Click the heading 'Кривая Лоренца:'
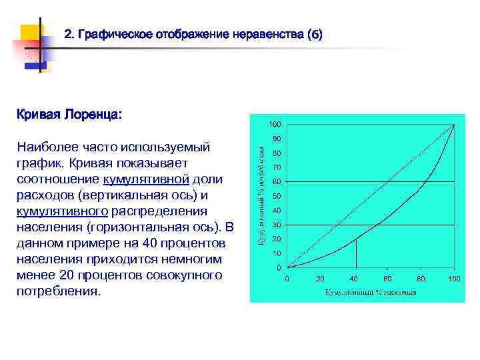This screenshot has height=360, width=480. pyautogui.click(x=69, y=115)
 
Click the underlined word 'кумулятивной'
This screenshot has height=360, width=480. pyautogui.click(x=146, y=179)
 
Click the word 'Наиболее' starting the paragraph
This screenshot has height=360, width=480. pyautogui.click(x=47, y=147)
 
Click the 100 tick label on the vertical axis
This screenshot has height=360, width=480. pyautogui.click(x=275, y=124)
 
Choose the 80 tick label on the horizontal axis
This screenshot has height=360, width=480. pyautogui.click(x=421, y=278)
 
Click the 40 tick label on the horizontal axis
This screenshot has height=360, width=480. pyautogui.click(x=354, y=278)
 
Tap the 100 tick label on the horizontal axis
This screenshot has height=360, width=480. pyautogui.click(x=455, y=278)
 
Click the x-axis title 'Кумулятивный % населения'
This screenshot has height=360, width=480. pyautogui.click(x=371, y=292)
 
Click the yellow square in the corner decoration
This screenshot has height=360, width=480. pyautogui.click(x=30, y=34)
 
